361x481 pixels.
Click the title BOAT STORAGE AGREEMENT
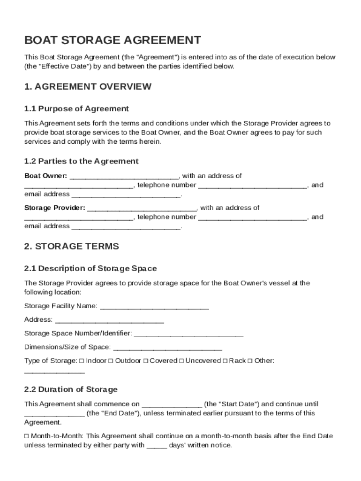[x=113, y=40]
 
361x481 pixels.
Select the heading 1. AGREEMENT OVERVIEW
[x=88, y=86]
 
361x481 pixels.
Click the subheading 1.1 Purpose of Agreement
[x=76, y=109]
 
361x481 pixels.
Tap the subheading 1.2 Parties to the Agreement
[x=81, y=161]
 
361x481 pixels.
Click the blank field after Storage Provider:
[x=142, y=209]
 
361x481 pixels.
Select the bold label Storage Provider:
[x=54, y=208]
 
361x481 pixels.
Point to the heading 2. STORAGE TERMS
[x=71, y=246]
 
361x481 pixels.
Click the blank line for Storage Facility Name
[x=154, y=307]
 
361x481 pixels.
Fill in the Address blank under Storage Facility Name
[x=109, y=321]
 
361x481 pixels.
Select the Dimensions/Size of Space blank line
[x=167, y=348]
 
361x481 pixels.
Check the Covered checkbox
[x=145, y=361]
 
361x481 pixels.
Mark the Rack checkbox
[x=225, y=361]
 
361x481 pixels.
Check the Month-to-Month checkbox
[x=26, y=436]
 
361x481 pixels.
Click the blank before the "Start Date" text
[x=172, y=405]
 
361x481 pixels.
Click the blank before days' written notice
[x=157, y=446]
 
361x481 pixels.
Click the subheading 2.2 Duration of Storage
[x=71, y=389]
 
